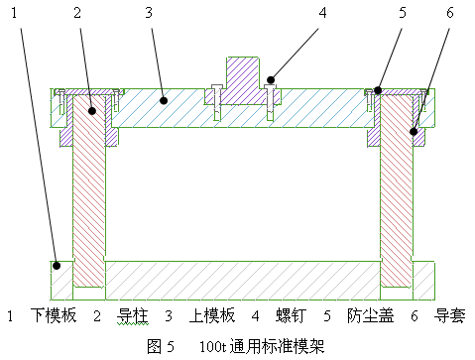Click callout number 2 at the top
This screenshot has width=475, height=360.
click(x=77, y=13)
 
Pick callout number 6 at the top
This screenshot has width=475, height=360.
click(x=451, y=13)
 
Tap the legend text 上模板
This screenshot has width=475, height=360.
click(x=212, y=316)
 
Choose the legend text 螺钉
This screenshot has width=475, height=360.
click(x=291, y=316)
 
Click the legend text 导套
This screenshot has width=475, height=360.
click(x=451, y=316)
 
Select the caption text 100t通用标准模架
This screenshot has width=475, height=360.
click(x=262, y=346)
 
